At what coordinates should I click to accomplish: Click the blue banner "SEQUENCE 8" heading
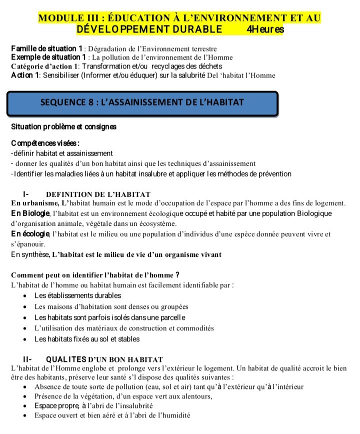coord(142,103)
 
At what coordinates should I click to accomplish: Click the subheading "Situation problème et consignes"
coord(63,127)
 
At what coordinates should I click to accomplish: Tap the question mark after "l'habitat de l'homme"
coord(177,275)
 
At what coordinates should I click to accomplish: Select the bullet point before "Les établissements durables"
coord(26,296)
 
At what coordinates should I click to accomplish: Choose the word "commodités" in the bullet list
coord(194,328)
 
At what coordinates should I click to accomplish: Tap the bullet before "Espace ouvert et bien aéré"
coord(26,416)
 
